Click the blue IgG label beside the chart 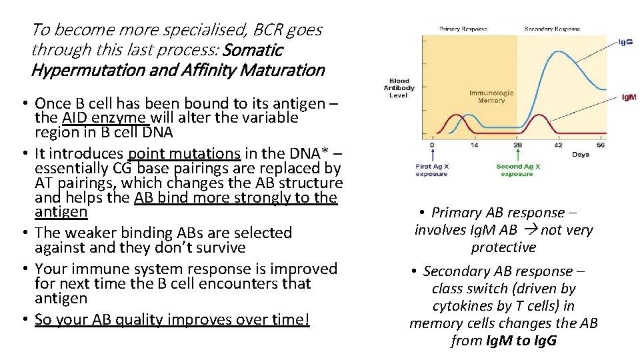tap(626, 42)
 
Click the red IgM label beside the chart tap(628, 97)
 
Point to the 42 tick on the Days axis tap(558, 144)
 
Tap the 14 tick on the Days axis tap(475, 144)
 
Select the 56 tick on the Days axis tap(600, 144)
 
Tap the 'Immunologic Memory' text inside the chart tap(491, 97)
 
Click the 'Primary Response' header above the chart tap(463, 29)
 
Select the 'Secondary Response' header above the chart tap(552, 29)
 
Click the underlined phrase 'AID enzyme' tap(113, 118)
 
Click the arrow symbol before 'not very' tap(531, 230)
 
